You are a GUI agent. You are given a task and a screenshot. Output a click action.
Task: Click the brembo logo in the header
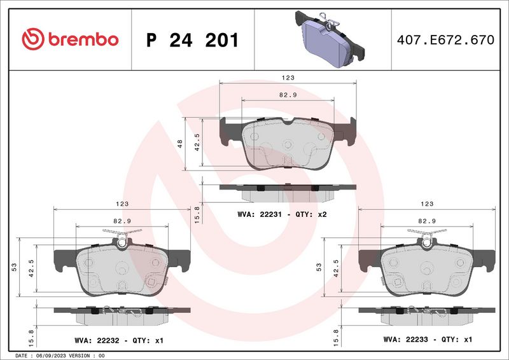click(x=70, y=39)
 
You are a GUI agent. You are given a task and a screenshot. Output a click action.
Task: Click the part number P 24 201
click(x=192, y=40)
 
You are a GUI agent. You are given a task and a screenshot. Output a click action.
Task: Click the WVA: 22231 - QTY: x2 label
click(x=282, y=215)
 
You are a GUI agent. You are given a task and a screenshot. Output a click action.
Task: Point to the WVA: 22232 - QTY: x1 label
click(x=118, y=340)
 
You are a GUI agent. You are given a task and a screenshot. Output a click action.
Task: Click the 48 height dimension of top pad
click(x=180, y=144)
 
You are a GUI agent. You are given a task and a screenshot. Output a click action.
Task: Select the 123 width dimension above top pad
click(x=288, y=77)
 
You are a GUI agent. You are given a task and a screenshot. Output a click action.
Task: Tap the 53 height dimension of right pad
click(x=318, y=267)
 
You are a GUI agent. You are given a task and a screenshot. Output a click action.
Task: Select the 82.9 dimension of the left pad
click(x=122, y=220)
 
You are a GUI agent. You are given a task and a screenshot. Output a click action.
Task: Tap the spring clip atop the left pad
click(x=122, y=240)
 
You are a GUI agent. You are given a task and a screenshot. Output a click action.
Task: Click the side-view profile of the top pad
click(x=287, y=188)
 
